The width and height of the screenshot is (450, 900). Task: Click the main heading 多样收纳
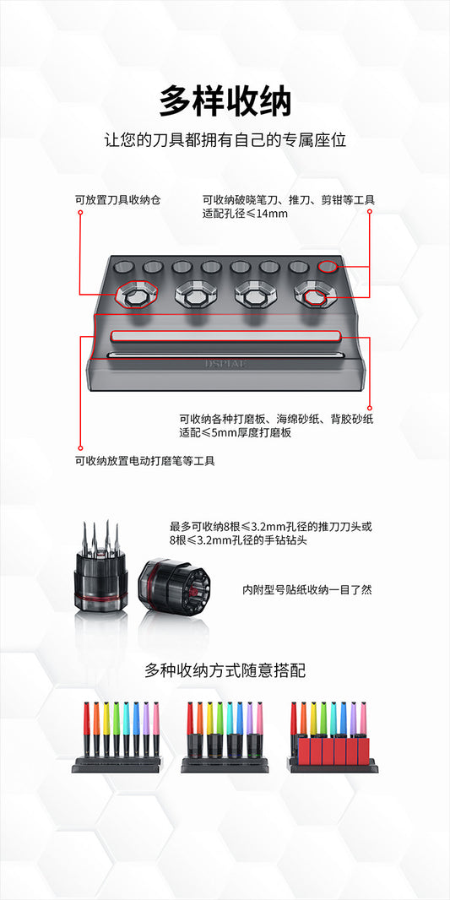(x=225, y=101)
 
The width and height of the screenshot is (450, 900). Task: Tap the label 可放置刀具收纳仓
(x=117, y=200)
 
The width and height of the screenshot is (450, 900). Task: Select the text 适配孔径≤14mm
(x=245, y=214)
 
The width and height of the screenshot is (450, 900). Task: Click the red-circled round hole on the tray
(x=328, y=266)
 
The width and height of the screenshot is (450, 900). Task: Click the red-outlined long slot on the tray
(x=226, y=335)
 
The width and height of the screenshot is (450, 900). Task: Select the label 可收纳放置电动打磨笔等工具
(x=144, y=461)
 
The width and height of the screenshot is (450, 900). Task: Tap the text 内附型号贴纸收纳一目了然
(x=307, y=590)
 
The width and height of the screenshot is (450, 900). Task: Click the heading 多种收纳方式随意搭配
(x=225, y=670)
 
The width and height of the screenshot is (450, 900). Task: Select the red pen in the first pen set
(x=86, y=729)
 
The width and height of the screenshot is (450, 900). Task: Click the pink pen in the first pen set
(x=155, y=729)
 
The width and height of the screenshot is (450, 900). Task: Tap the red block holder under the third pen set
(x=333, y=752)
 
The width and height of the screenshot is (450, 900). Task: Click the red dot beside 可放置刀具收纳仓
(x=79, y=213)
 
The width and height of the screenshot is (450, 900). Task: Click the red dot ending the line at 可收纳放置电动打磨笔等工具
(x=79, y=448)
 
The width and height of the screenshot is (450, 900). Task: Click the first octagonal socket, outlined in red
(x=137, y=295)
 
